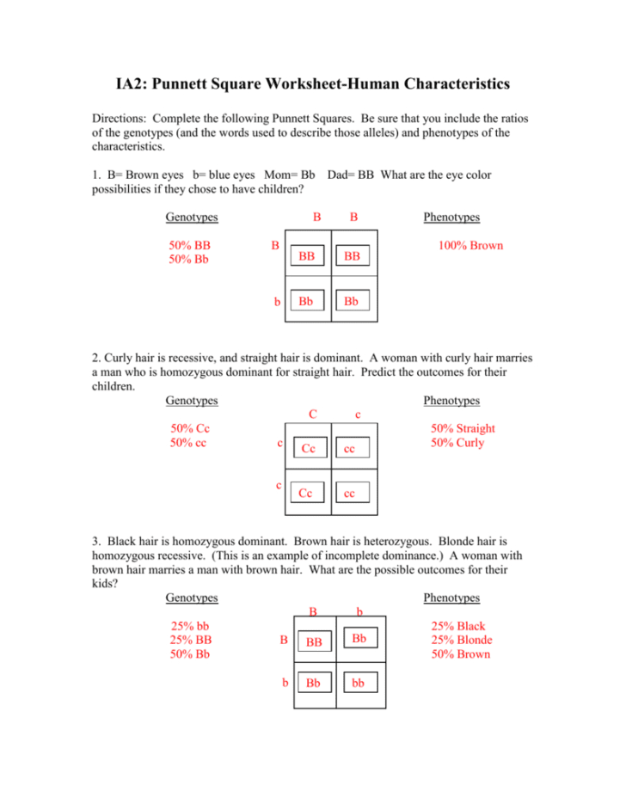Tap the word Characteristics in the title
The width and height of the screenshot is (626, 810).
435,84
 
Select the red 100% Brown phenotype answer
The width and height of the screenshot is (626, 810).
470,246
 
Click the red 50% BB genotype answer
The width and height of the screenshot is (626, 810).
190,246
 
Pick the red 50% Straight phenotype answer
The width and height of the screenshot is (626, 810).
463,428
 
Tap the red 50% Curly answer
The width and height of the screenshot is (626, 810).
457,443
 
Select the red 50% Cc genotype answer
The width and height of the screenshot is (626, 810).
190,428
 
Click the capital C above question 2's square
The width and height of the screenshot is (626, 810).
314,414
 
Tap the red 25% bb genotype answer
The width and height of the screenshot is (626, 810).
190,626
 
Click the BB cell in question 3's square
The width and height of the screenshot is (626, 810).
314,641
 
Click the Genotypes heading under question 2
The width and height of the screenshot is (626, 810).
191,401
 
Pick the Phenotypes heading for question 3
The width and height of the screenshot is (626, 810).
451,598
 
